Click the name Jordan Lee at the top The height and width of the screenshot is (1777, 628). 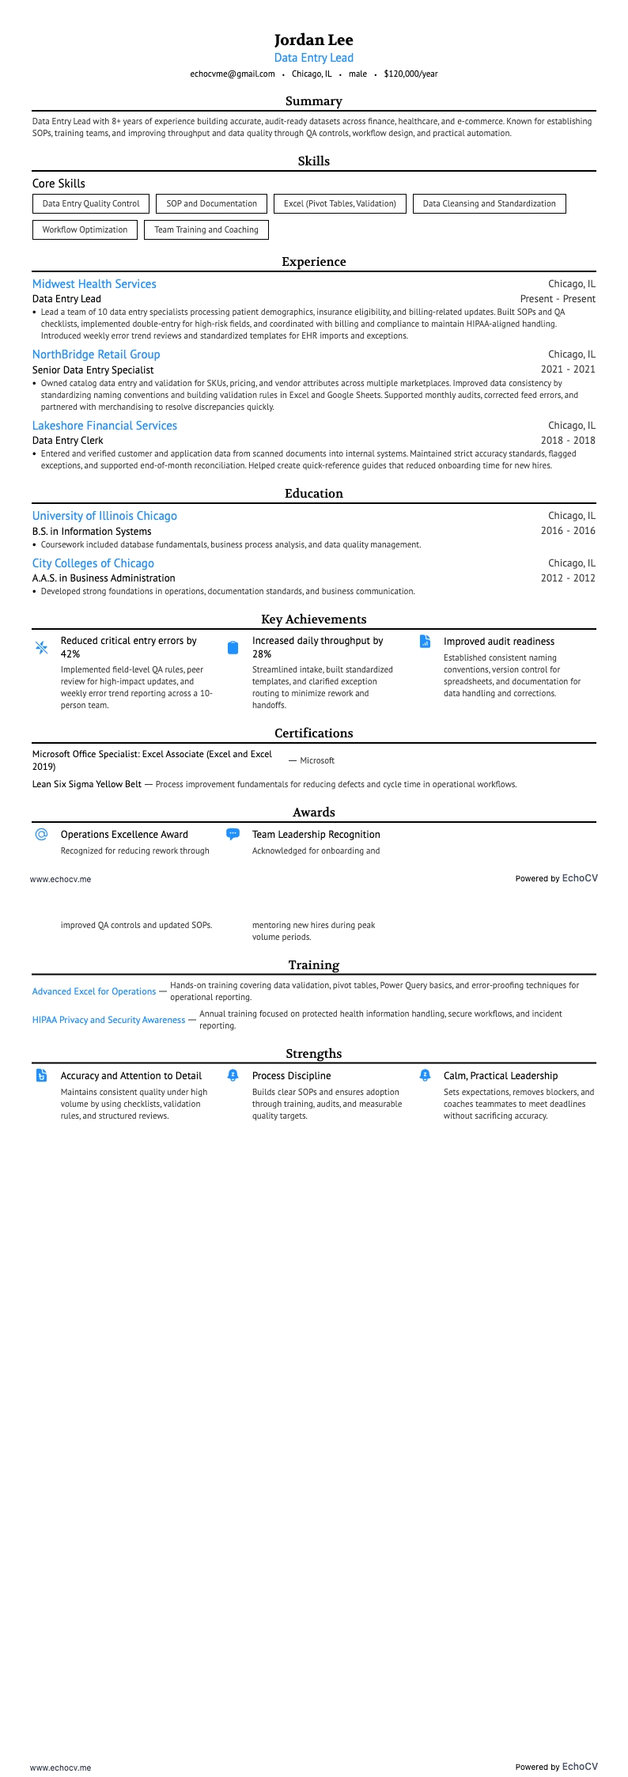[313, 40]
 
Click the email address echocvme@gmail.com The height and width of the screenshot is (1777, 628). [233, 74]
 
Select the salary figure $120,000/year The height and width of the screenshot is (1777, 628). [410, 74]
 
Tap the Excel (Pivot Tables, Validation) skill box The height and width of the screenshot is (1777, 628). [340, 203]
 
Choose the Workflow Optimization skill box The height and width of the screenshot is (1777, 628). [85, 229]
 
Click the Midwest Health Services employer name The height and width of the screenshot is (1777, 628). [94, 284]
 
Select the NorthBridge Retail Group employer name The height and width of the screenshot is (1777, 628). [96, 354]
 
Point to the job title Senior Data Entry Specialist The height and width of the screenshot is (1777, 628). [93, 369]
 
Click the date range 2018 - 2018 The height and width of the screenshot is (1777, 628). [568, 440]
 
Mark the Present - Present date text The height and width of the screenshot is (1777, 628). [558, 299]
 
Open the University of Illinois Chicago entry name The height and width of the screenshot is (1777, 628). [104, 516]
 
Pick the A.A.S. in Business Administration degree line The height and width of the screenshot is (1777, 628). [104, 578]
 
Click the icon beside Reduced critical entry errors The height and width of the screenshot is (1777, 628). [42, 647]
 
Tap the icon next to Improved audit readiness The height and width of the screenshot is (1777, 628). [425, 642]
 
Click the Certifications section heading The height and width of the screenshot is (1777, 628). [313, 733]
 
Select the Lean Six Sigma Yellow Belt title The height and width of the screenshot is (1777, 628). [87, 784]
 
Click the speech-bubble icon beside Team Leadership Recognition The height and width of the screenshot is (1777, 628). [233, 834]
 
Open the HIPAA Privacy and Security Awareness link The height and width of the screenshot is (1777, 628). [108, 1020]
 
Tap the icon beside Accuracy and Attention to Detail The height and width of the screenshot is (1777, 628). [42, 1075]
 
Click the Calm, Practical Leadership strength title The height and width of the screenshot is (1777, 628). [500, 1076]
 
